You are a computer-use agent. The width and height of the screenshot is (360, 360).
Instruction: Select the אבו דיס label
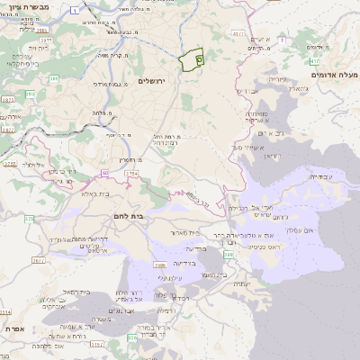point(247,91)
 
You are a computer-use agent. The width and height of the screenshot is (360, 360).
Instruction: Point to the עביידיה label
point(326,177)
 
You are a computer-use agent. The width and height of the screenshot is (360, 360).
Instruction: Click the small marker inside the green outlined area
point(199,58)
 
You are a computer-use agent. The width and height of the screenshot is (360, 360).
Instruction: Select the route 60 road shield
point(105,172)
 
